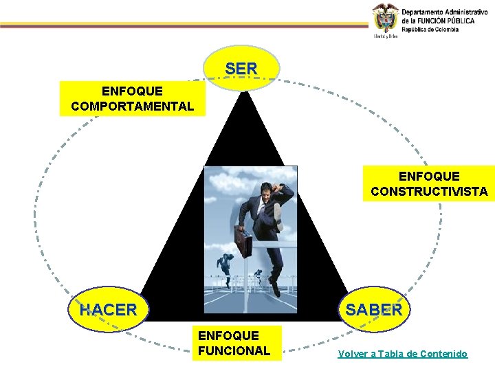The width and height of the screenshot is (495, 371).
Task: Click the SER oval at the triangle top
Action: tap(241, 69)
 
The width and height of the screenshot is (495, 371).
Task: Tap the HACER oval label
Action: tap(108, 310)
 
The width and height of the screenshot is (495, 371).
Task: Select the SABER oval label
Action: tap(374, 309)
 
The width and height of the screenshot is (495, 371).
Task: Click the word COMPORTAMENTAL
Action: tap(132, 106)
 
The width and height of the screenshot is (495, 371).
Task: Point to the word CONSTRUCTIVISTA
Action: tap(429, 192)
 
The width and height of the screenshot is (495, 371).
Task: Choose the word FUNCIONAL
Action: tap(234, 350)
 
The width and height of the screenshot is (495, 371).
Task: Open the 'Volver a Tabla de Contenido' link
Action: tap(402, 354)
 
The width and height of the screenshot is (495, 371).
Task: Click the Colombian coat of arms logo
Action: tap(386, 19)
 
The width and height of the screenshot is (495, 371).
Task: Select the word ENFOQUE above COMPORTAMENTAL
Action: tap(132, 91)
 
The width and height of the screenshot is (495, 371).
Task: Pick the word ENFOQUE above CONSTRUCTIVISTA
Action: tap(429, 177)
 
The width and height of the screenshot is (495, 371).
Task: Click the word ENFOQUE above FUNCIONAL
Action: tap(228, 335)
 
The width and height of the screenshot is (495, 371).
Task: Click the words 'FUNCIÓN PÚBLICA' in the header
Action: tap(447, 21)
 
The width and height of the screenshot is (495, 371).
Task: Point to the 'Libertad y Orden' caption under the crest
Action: tap(386, 36)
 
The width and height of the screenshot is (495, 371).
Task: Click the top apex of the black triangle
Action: tap(242, 93)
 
